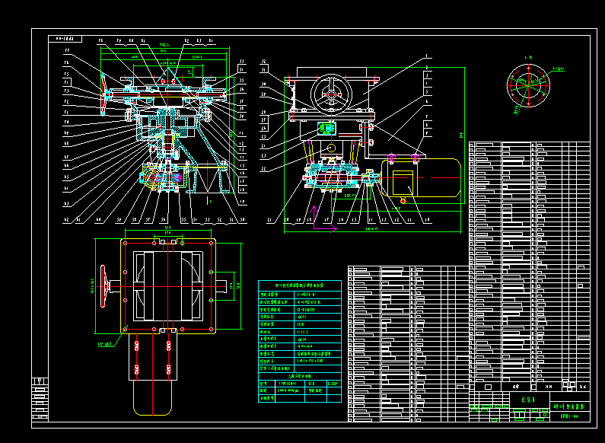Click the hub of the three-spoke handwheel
pyautogui.click(x=333, y=94)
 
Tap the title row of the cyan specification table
pyautogui.click(x=299, y=285)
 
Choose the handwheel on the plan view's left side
pyautogui.click(x=114, y=285)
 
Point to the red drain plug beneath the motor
pyautogui.click(x=401, y=200)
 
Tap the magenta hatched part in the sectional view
pyautogui.click(x=158, y=179)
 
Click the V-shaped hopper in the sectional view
pyautogui.click(x=207, y=176)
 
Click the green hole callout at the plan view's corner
pyautogui.click(x=104, y=343)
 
